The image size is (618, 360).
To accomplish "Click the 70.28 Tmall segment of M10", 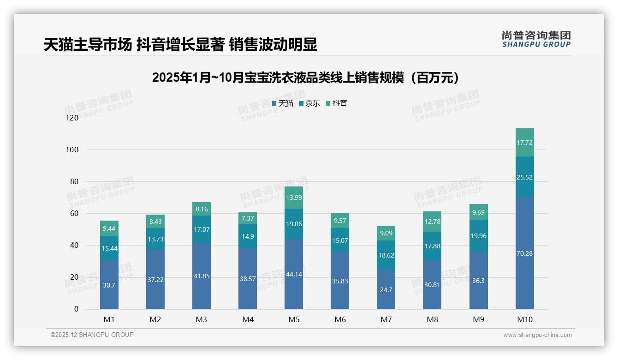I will [x=524, y=253].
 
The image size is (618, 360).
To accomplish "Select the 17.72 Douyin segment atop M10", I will [x=524, y=143].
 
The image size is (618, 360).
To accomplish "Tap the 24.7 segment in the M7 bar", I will [x=386, y=289].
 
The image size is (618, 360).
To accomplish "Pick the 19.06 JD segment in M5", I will [x=294, y=224].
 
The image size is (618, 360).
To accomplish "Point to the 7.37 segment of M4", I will [x=248, y=218].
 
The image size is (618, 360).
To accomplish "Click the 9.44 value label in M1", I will [x=109, y=228].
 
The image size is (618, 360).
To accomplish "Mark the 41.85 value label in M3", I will [x=202, y=276].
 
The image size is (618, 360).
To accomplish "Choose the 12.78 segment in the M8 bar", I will [x=432, y=222].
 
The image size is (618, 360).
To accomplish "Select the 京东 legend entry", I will [x=309, y=103].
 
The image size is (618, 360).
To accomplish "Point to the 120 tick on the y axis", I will [x=72, y=118].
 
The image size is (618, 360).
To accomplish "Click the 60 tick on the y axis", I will [x=74, y=213].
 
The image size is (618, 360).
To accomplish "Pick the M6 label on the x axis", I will [x=340, y=319].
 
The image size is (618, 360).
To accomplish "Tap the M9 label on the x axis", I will [x=478, y=319].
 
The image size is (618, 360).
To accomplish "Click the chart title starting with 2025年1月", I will [x=307, y=78].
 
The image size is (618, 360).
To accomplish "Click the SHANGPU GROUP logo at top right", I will [x=536, y=39].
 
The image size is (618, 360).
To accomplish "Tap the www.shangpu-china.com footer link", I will [x=537, y=335].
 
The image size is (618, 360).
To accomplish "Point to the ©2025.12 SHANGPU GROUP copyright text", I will [x=92, y=335].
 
